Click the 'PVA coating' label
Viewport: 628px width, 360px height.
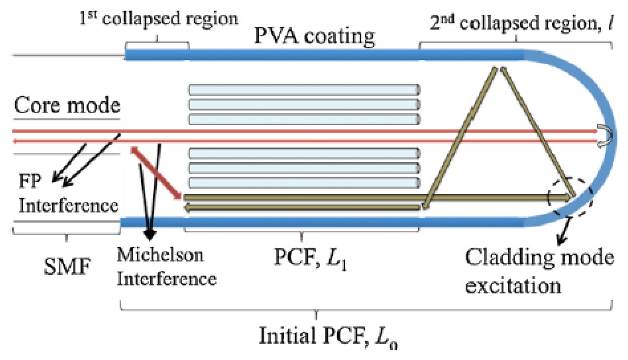coord(314,36)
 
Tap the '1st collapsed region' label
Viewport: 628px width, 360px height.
coord(159,18)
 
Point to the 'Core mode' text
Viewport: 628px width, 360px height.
coord(67,105)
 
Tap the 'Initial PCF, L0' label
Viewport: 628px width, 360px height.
coord(327,336)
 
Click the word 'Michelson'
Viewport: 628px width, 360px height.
coord(160,255)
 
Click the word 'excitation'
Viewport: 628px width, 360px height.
coord(513,286)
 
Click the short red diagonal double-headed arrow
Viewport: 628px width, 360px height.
coord(156,173)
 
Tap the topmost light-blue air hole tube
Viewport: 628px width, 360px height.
coord(304,90)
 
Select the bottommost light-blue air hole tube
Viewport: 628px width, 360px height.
coord(304,183)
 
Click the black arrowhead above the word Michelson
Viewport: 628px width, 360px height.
coord(150,234)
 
